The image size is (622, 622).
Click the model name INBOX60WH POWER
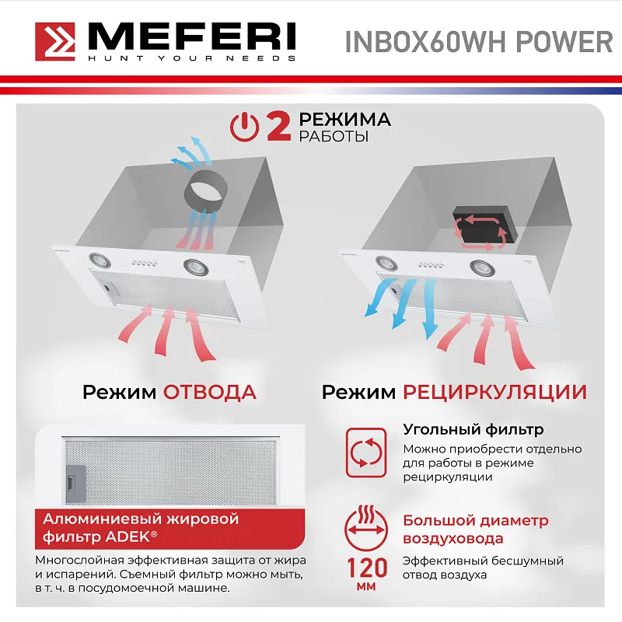click(478, 41)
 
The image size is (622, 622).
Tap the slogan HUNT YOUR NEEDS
click(191, 58)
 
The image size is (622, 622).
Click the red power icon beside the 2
click(246, 127)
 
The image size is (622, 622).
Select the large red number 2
click(278, 127)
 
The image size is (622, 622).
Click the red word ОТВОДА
click(209, 392)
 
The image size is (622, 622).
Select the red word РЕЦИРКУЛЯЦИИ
click(494, 392)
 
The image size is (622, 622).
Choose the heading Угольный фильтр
click(473, 429)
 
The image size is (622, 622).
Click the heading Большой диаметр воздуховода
click(475, 529)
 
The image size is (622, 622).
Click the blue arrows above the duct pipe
click(190, 153)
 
